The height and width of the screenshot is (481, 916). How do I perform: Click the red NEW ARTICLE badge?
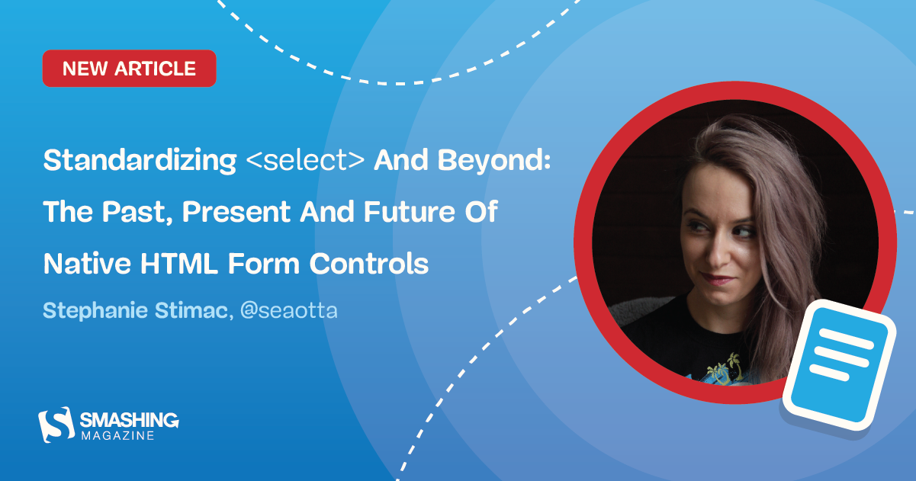(129, 69)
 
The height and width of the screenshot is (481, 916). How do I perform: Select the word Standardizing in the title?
(140, 161)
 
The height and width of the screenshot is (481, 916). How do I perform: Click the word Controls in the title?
(369, 264)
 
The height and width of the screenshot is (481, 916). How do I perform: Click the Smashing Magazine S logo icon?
(55, 424)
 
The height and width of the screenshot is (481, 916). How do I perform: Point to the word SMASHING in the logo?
(129, 419)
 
